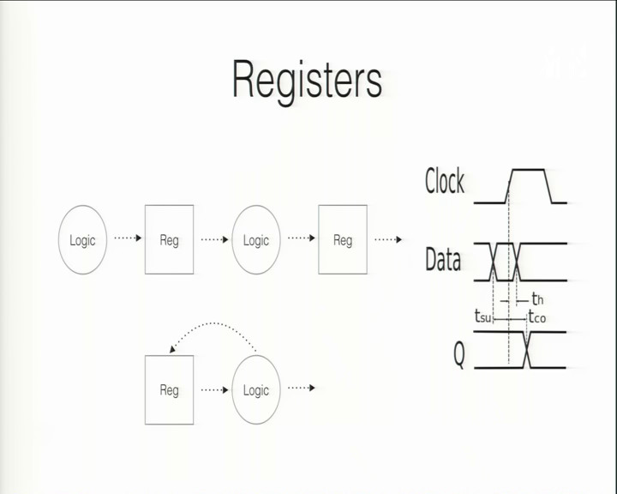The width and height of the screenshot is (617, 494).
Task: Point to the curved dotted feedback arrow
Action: (x=213, y=323)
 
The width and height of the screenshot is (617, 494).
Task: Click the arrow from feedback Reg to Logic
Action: (x=214, y=390)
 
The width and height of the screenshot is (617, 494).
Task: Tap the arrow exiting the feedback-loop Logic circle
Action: (x=302, y=388)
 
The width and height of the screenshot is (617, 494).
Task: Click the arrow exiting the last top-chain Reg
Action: (x=388, y=239)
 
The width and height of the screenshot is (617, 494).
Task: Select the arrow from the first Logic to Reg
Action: (x=128, y=238)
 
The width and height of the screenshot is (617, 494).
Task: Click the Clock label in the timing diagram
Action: (x=445, y=181)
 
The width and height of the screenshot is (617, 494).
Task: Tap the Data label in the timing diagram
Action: (x=443, y=259)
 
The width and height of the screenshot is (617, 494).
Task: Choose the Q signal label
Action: (x=459, y=354)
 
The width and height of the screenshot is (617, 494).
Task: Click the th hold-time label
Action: (x=537, y=299)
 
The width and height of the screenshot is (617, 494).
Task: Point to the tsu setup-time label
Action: (x=482, y=316)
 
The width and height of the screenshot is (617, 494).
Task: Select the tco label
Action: (x=537, y=316)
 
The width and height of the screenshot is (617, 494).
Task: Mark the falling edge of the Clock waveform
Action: (x=548, y=186)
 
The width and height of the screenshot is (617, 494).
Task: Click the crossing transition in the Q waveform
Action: (x=527, y=350)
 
